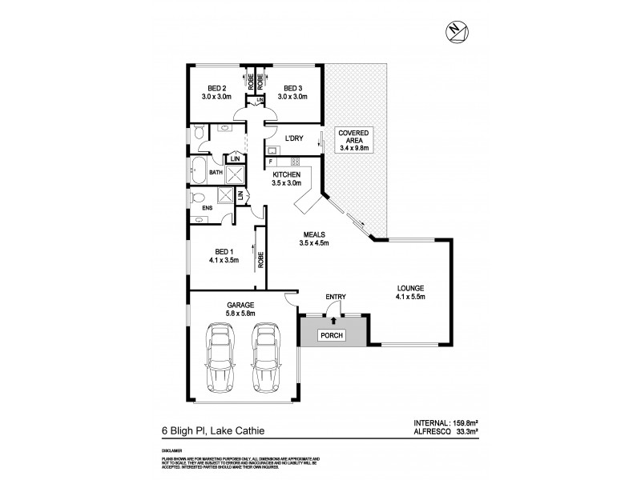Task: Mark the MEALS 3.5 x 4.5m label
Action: (x=315, y=238)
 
